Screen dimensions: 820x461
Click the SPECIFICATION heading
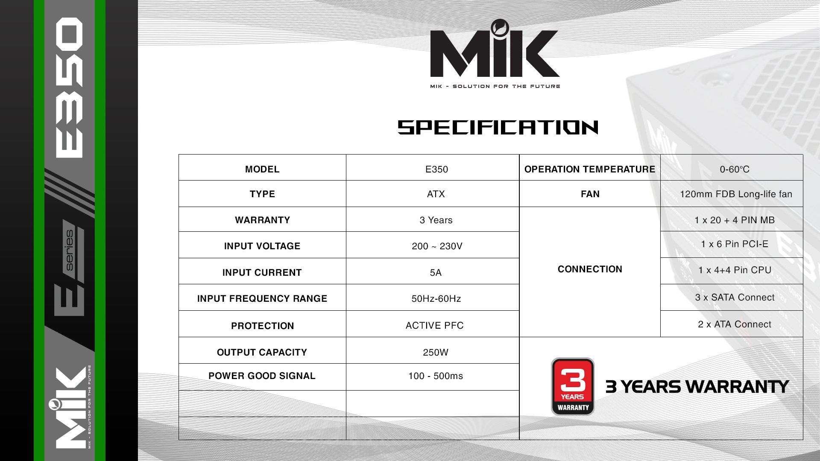tap(498, 127)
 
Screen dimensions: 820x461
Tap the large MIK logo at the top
tap(495, 49)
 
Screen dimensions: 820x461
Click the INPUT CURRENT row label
tap(262, 273)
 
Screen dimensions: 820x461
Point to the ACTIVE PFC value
tap(434, 326)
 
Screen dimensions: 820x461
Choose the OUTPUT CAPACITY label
tap(262, 353)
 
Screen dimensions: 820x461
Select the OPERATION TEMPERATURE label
tap(590, 169)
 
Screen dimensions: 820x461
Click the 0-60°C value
tap(735, 169)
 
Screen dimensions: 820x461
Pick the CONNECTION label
tap(590, 269)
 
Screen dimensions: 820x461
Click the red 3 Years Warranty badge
tap(573, 387)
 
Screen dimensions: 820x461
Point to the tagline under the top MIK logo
tap(495, 86)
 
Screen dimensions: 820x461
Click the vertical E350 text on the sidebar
tap(69, 88)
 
